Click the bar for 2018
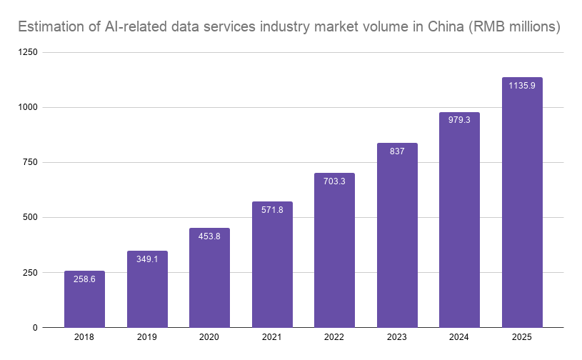click(x=84, y=299)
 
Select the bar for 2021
click(x=272, y=264)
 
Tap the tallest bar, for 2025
click(x=522, y=202)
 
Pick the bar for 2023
click(x=397, y=235)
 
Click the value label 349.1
click(x=147, y=259)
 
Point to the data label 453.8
click(x=209, y=236)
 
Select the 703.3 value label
click(x=334, y=181)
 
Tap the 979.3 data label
click(x=459, y=120)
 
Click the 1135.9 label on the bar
click(x=522, y=86)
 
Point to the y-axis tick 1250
click(x=28, y=52)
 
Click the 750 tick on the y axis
click(x=30, y=162)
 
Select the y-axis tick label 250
click(x=30, y=272)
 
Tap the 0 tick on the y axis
click(x=35, y=328)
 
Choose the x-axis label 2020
click(x=209, y=337)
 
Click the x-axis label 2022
click(x=334, y=337)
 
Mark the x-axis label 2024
click(x=459, y=337)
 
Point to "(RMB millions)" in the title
click(x=514, y=27)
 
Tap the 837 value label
click(x=397, y=151)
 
